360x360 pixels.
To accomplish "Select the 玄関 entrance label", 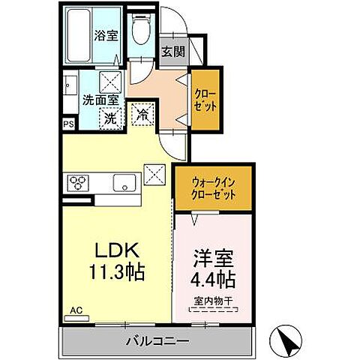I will [172, 52].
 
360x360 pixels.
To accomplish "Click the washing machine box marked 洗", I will [109, 118].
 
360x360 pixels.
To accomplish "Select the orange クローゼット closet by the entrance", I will [205, 99].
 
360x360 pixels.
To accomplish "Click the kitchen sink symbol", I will [124, 182].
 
